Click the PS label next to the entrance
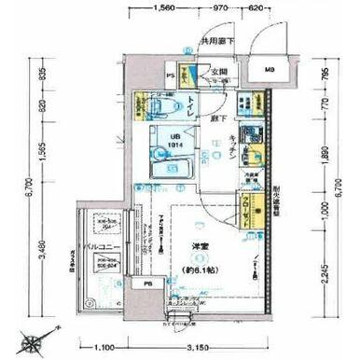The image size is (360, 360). click(x=171, y=76)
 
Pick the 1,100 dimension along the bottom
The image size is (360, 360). click(x=104, y=347)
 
